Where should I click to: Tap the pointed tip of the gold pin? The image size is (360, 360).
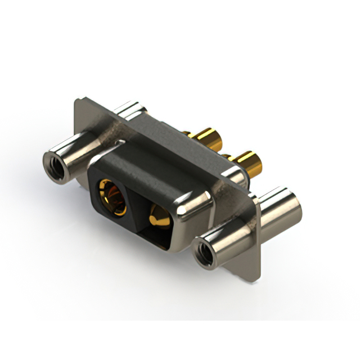pyautogui.click(x=154, y=214)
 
